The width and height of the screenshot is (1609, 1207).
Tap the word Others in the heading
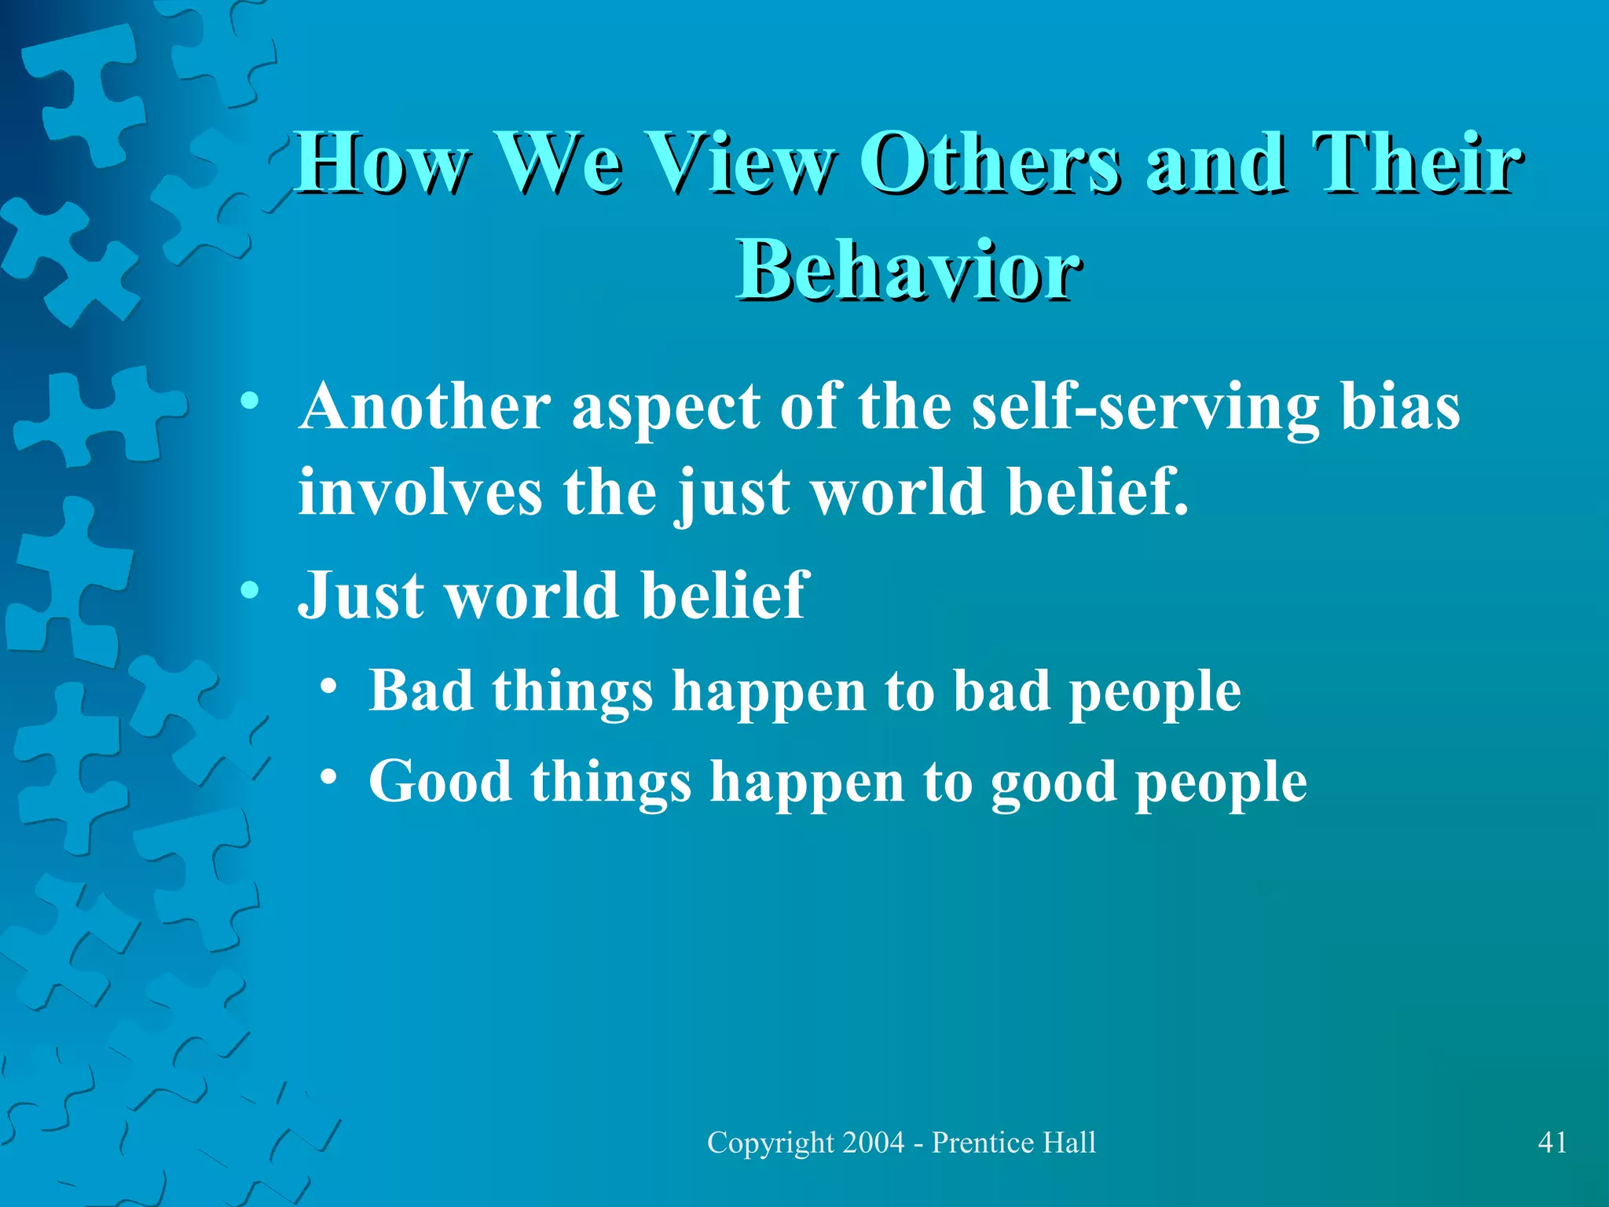(x=991, y=163)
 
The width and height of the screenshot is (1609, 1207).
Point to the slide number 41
(x=1552, y=1142)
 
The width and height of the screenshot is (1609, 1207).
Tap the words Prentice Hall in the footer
(x=1013, y=1142)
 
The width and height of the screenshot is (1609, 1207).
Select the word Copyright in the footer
(x=771, y=1142)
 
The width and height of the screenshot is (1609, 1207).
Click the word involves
(x=420, y=492)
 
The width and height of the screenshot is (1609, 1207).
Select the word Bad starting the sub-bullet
(x=421, y=691)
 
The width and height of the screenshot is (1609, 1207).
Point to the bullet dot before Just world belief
(x=250, y=589)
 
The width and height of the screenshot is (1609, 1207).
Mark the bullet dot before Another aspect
(x=250, y=402)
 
